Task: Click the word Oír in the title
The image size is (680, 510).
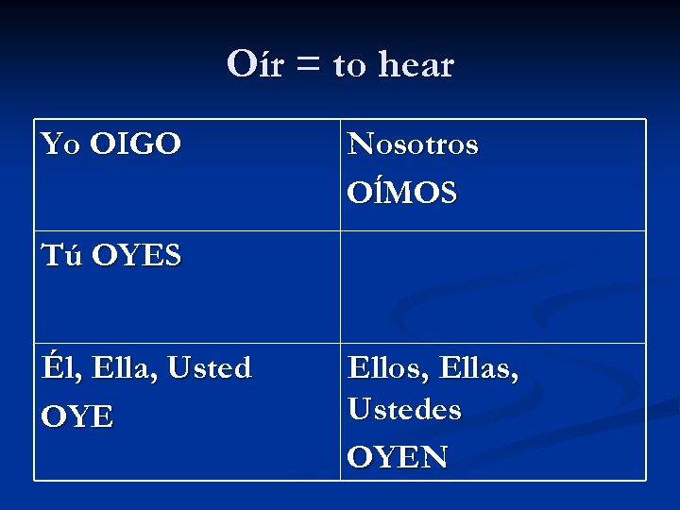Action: (x=255, y=64)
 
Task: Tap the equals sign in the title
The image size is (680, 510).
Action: (x=308, y=66)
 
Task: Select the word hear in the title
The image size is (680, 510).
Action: (x=416, y=65)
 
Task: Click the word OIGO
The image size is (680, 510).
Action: (x=135, y=144)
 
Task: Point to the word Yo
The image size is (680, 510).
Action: (x=61, y=144)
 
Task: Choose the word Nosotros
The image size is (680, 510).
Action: (x=413, y=144)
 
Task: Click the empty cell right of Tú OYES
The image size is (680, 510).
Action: (x=493, y=286)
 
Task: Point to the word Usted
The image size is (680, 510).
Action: (x=210, y=367)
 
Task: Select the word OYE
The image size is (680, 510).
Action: (x=77, y=416)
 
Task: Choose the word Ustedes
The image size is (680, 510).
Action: (x=404, y=410)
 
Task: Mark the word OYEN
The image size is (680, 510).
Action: (x=398, y=457)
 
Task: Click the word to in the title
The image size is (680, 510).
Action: (x=348, y=66)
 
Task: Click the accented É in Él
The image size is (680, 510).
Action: (x=50, y=366)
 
